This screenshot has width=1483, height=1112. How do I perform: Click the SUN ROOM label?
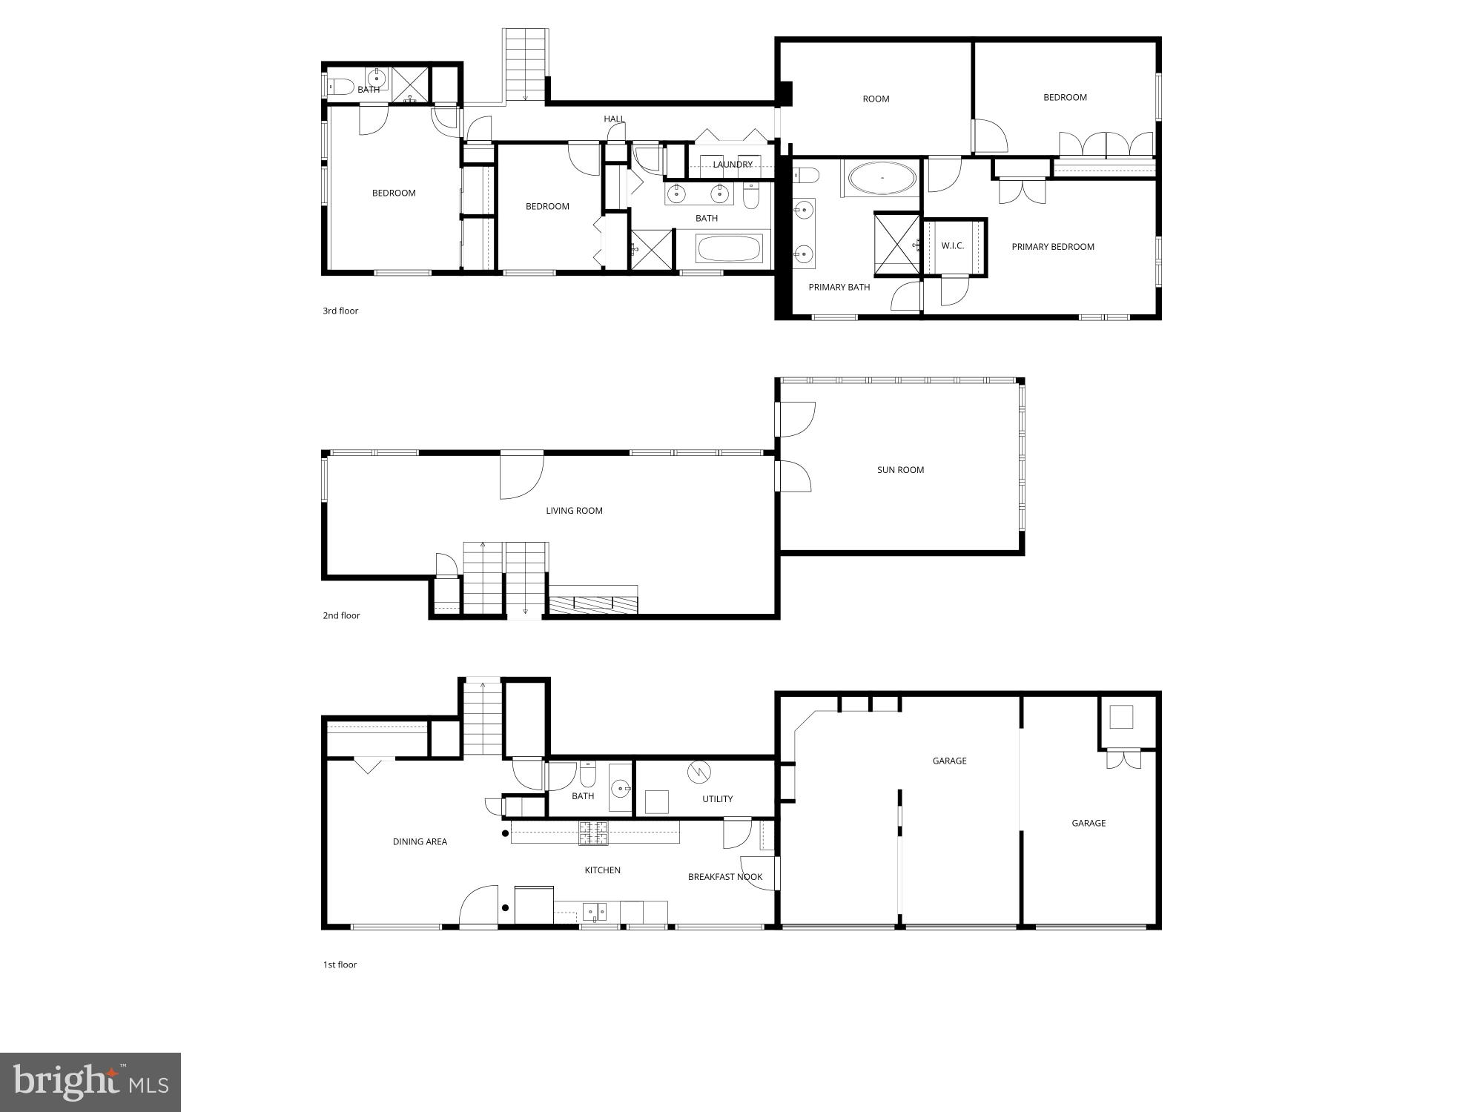click(x=900, y=470)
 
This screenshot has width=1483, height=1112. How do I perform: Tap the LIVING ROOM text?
click(x=574, y=511)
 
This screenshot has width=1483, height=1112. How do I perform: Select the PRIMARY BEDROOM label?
click(x=1053, y=247)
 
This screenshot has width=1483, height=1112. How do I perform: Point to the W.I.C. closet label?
click(x=953, y=245)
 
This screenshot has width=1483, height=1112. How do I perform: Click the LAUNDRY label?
click(x=733, y=165)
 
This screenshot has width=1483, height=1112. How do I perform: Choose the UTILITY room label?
click(x=717, y=799)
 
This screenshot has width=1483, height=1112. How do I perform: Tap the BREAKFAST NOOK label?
click(x=725, y=877)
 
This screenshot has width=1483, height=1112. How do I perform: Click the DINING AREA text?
click(x=420, y=841)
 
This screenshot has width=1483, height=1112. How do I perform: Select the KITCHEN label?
click(x=602, y=870)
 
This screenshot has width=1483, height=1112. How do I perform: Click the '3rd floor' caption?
click(x=340, y=311)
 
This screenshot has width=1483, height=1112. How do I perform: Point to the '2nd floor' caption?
click(x=341, y=615)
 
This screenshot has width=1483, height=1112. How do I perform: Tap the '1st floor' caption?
click(x=340, y=964)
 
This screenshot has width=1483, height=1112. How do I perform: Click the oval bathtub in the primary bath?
click(x=882, y=179)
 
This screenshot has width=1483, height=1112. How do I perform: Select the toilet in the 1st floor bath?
click(x=588, y=775)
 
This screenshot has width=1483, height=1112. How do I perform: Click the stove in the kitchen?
click(x=593, y=833)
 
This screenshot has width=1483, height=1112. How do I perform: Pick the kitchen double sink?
click(x=594, y=911)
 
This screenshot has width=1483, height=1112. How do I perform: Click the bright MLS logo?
click(x=90, y=1082)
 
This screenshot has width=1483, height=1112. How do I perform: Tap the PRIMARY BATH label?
click(x=839, y=287)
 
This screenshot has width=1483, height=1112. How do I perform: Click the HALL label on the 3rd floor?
click(x=614, y=119)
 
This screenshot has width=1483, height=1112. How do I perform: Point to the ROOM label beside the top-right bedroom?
click(x=876, y=99)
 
